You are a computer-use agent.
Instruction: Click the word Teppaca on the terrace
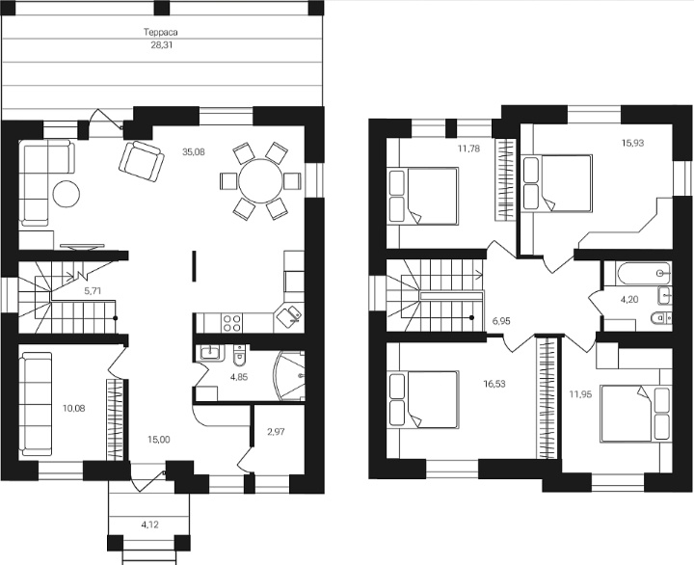(161, 33)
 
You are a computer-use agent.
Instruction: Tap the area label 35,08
(194, 152)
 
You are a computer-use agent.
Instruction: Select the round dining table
(260, 181)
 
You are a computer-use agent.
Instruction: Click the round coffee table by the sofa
(67, 194)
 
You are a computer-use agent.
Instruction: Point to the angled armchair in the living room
(141, 161)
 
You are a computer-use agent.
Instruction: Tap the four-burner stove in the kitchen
(232, 323)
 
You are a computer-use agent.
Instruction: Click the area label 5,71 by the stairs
(93, 291)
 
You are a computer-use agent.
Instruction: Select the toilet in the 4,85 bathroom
(239, 357)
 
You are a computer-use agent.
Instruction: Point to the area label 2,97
(277, 432)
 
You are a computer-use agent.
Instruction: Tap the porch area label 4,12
(149, 525)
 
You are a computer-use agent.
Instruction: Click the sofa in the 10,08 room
(36, 404)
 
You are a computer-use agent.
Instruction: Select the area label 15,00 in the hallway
(159, 440)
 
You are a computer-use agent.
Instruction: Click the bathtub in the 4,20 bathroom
(643, 273)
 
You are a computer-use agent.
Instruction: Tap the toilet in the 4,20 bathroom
(661, 318)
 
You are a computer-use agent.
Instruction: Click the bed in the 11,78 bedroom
(423, 196)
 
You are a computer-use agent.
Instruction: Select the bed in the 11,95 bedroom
(635, 413)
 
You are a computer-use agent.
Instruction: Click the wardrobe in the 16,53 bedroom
(547, 398)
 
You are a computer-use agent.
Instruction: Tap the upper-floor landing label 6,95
(501, 321)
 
